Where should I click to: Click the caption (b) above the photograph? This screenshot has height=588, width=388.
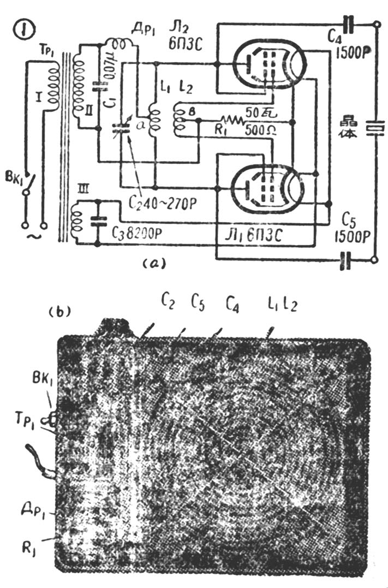(58, 312)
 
